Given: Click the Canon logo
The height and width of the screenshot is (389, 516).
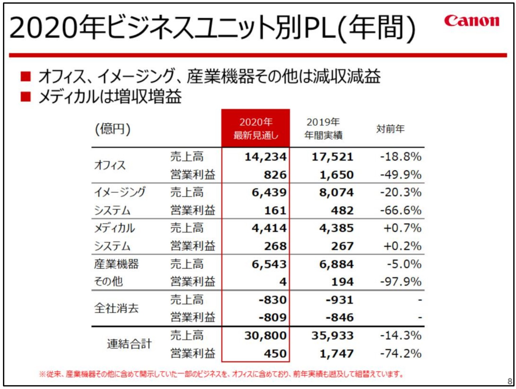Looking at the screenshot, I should click(472, 21).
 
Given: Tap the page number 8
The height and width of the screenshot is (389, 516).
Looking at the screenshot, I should click(510, 381).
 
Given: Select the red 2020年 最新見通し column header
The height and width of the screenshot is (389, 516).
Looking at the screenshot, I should click(255, 129).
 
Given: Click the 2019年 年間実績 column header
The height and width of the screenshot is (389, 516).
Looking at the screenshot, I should click(323, 129).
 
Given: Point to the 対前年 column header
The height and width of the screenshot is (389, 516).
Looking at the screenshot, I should click(390, 129).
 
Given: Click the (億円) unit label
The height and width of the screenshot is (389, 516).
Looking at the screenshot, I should click(113, 129).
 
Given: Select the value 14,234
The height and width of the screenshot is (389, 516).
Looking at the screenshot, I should click(266, 157).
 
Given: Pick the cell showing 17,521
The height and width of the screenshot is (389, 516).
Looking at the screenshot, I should click(332, 157).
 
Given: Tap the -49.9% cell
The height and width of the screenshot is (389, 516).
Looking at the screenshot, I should click(401, 175).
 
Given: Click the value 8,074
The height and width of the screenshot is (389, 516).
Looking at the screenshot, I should click(336, 192).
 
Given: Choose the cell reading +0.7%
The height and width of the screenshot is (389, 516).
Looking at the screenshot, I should click(402, 228).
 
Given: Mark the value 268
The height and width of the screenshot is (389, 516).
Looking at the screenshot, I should click(275, 246).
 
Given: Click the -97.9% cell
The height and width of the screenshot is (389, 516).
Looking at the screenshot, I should click(401, 282).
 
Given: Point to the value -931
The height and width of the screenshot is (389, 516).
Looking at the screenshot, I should click(339, 300).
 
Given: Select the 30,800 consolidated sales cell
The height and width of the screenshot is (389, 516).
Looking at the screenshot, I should click(266, 336).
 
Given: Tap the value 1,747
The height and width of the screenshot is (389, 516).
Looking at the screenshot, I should click(336, 354).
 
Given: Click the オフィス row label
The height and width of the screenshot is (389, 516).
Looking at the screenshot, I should click(110, 165).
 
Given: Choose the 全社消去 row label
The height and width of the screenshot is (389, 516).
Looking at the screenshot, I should click(116, 308).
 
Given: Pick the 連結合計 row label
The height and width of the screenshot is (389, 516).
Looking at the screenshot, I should click(129, 344).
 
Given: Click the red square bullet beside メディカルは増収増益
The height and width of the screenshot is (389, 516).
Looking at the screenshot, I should click(26, 97).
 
